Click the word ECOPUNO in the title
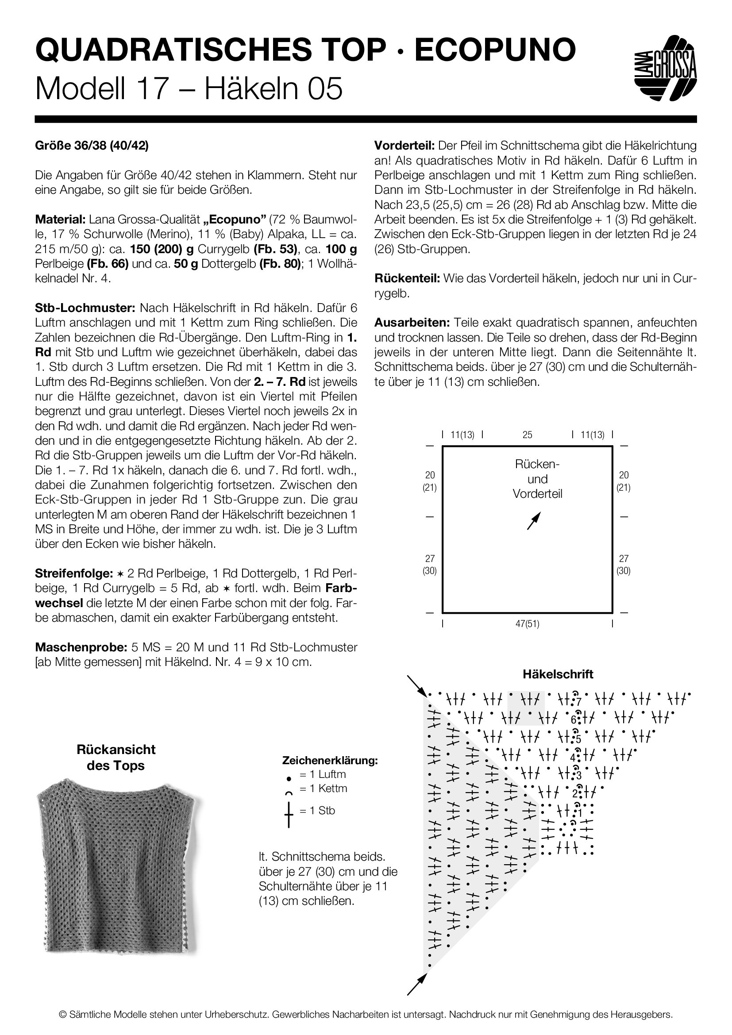pyautogui.click(x=495, y=50)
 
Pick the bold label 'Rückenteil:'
pyautogui.click(x=407, y=279)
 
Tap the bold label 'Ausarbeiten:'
pyautogui.click(x=412, y=323)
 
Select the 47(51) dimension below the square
pyautogui.click(x=528, y=624)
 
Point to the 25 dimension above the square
pyautogui.click(x=528, y=435)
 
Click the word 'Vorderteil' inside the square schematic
pyautogui.click(x=537, y=494)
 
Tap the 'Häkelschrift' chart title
pyautogui.click(x=558, y=674)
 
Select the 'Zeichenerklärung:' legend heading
pyautogui.click(x=330, y=761)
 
